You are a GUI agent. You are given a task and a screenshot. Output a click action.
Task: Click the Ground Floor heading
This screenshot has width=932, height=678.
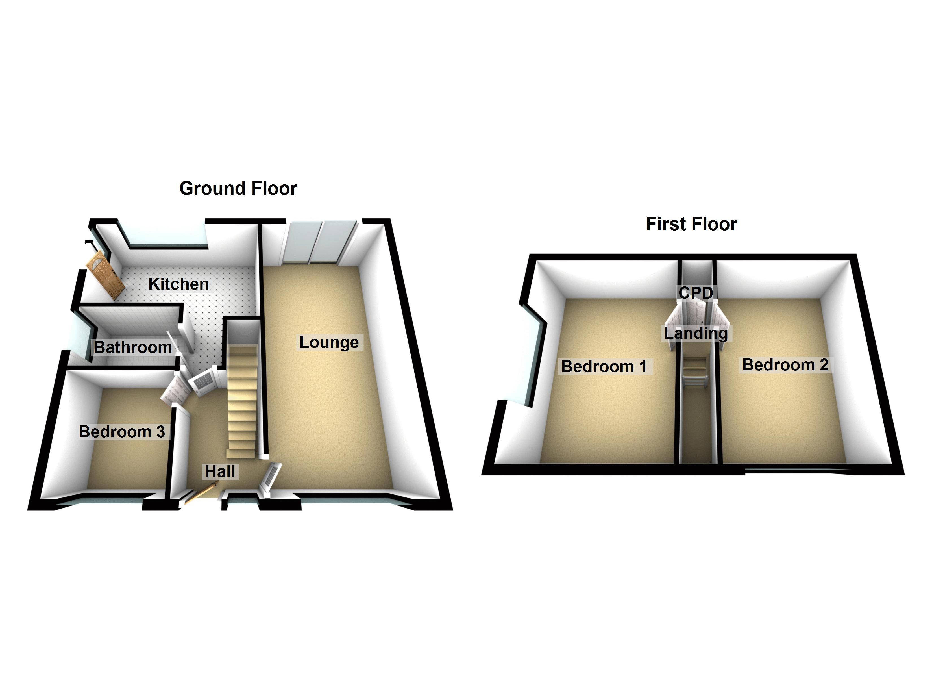(x=238, y=188)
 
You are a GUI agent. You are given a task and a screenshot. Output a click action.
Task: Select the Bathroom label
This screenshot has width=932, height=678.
(x=133, y=347)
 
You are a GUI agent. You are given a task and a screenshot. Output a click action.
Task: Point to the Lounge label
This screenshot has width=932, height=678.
(x=329, y=342)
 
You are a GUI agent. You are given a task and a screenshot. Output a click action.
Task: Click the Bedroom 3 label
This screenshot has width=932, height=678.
(x=122, y=432)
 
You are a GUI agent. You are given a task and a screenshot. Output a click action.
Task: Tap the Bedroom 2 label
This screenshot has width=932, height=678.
(x=785, y=365)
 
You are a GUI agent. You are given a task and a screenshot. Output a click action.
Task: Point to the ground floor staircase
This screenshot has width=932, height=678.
(x=242, y=401)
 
